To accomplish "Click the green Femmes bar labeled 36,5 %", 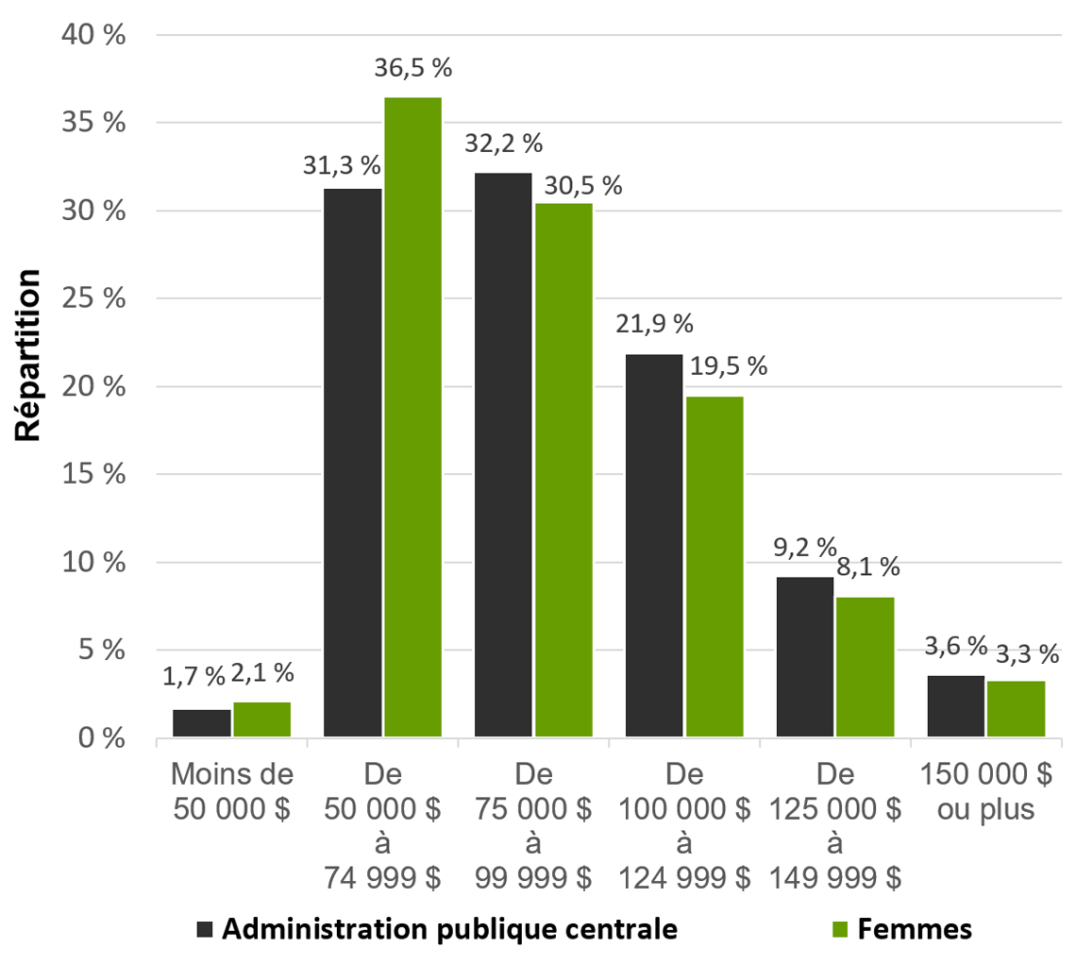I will pos(412,416).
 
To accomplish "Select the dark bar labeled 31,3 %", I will pos(352,463).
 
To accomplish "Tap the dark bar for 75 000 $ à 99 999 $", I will pos(503,454).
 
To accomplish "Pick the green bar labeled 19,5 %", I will pos(715,567).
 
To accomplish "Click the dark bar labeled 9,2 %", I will pos(805,657).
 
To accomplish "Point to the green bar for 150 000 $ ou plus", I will pos(1017,708).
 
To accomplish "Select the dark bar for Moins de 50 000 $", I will pos(201,723).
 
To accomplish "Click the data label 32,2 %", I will pos(503,144).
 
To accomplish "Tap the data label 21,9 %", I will pos(654,325).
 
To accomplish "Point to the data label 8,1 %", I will pos(867,568).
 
